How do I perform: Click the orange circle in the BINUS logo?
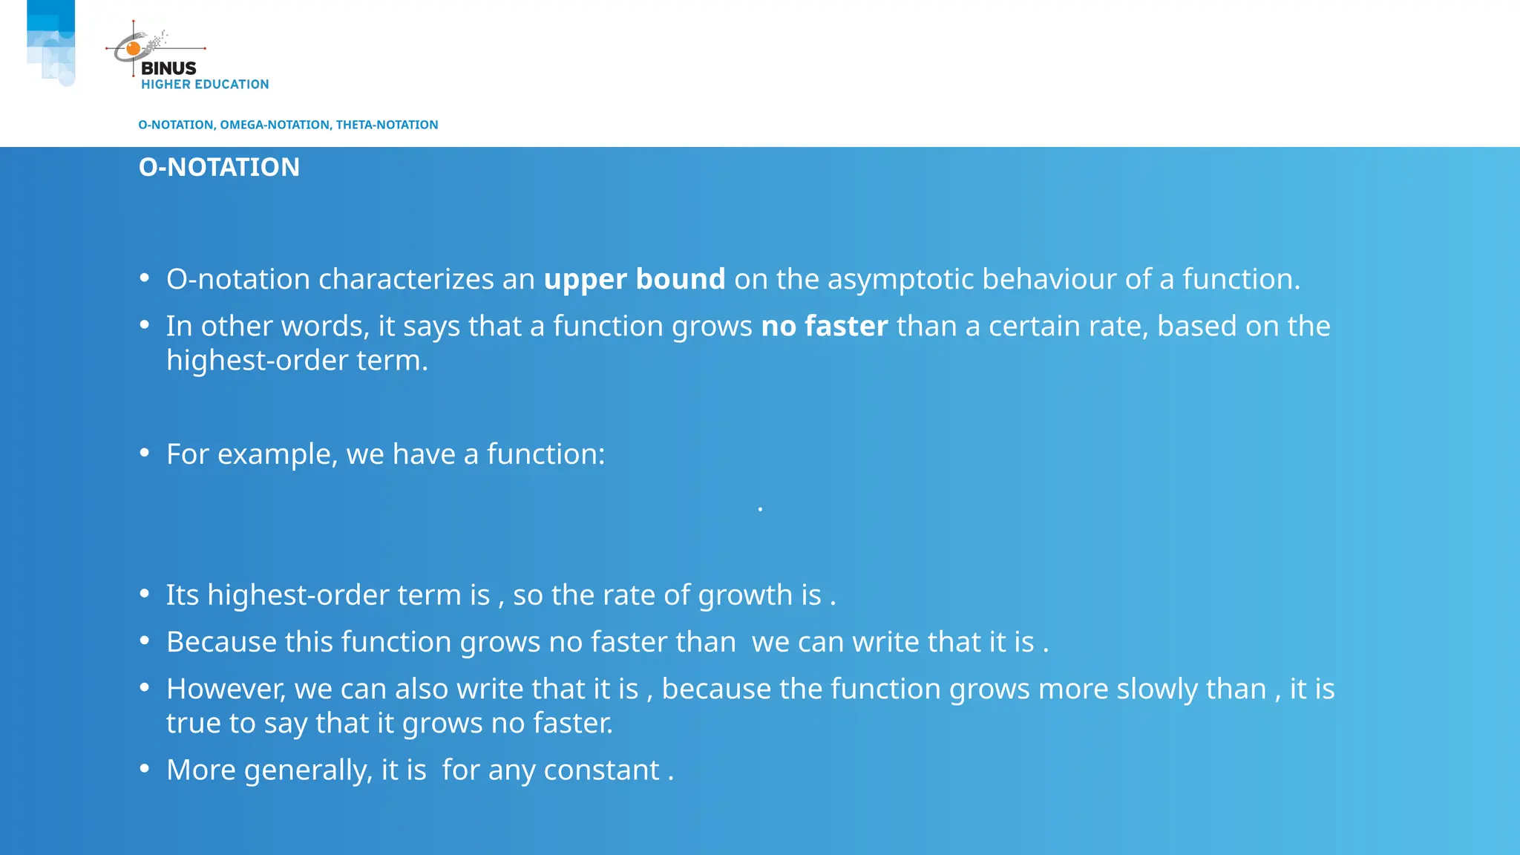(x=134, y=50)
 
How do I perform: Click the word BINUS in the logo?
(x=168, y=68)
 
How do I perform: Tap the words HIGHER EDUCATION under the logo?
(x=205, y=85)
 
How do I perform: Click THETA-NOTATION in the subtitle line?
(x=387, y=125)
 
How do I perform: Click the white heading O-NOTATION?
(x=219, y=168)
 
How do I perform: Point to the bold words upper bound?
(x=634, y=280)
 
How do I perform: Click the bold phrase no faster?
(x=824, y=327)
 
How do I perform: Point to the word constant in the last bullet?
(x=601, y=770)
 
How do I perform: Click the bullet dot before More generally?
(x=145, y=769)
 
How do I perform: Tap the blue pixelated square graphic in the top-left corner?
(x=51, y=41)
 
